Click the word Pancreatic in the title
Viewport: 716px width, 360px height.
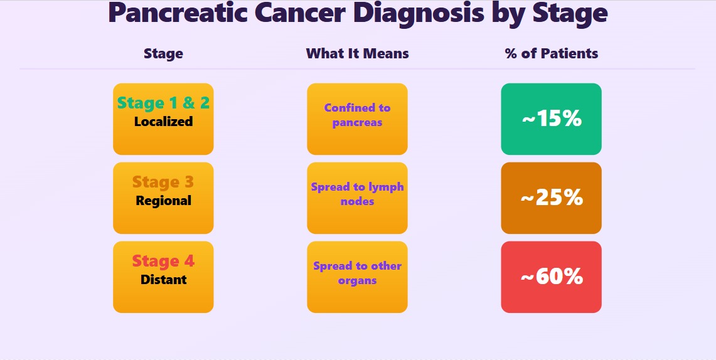tap(178, 13)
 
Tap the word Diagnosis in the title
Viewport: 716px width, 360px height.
tap(419, 14)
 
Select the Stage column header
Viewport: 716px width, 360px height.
tap(163, 54)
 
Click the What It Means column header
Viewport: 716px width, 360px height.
tap(357, 53)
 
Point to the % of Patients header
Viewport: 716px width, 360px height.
tap(551, 53)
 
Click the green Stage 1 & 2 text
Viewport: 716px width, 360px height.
tap(163, 103)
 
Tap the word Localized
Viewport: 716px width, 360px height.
tap(163, 122)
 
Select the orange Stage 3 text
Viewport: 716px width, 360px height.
tap(163, 182)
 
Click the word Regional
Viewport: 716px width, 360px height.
tap(163, 201)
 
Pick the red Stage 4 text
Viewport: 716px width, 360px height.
tap(163, 261)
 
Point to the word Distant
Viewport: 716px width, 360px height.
tap(163, 279)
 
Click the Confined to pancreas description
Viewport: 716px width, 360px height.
tap(357, 115)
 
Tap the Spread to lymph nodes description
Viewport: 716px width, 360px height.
tap(357, 194)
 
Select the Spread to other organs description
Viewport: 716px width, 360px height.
tap(357, 273)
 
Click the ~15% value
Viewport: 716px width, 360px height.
tap(551, 119)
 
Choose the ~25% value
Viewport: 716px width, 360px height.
tap(551, 198)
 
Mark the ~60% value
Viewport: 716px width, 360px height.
tap(551, 277)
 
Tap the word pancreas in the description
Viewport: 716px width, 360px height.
tap(357, 123)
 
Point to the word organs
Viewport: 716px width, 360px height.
tap(357, 280)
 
